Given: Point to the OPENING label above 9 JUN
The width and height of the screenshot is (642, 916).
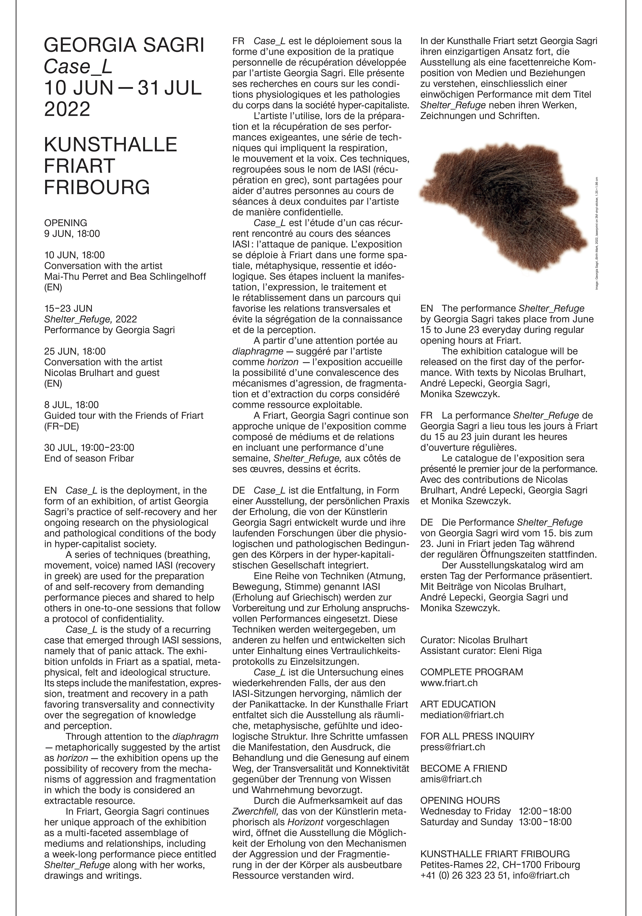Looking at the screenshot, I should click(x=65, y=223).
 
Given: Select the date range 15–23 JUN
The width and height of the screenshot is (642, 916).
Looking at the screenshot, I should click(x=68, y=308).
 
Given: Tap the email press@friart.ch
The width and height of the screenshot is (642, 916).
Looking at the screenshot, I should click(x=452, y=747).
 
